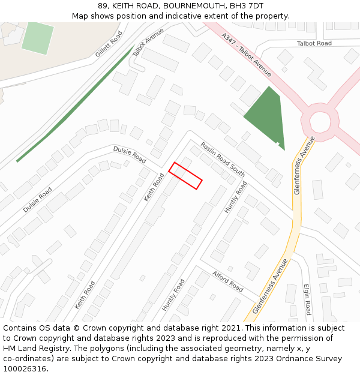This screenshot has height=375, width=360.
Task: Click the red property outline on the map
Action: [185, 176]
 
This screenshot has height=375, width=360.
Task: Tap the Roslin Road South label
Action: [223, 159]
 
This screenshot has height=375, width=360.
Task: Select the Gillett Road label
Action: [109, 44]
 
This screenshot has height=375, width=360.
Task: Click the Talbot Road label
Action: [314, 43]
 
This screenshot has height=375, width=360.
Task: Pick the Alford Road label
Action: [227, 281]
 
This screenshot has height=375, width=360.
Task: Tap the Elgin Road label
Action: [307, 299]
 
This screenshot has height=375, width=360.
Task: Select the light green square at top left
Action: [37, 37]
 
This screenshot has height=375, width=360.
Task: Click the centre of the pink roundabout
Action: [320, 122]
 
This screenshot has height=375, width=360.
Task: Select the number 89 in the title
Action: [103, 6]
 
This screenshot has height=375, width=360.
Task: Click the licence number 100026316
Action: [25, 368]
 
